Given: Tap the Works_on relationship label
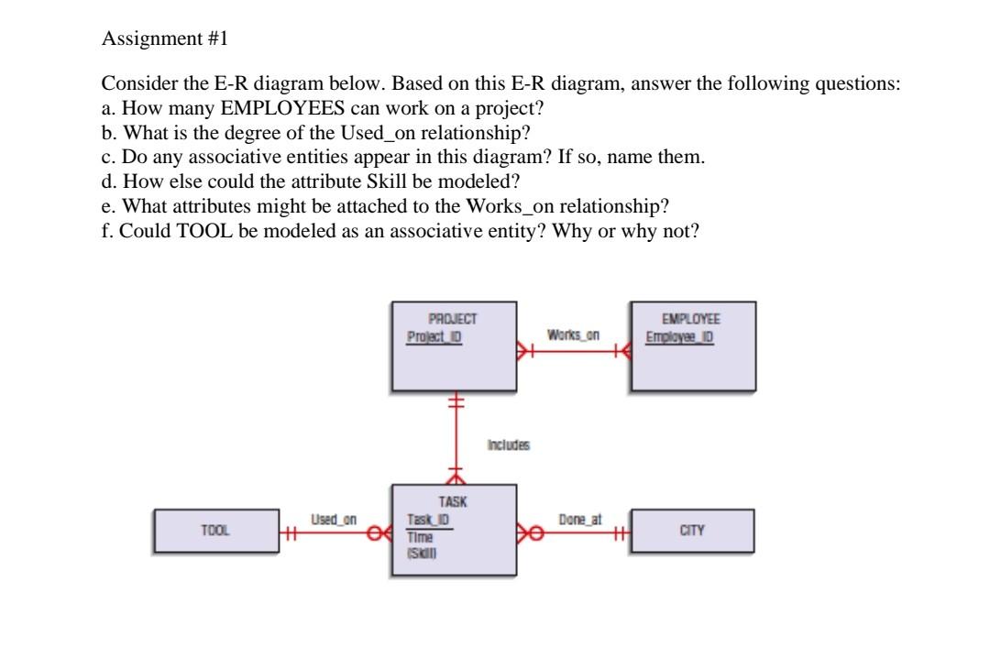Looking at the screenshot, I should [573, 335].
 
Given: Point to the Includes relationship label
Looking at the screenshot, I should [509, 445].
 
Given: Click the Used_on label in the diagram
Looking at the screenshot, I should [334, 520].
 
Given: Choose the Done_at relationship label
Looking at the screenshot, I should [580, 520].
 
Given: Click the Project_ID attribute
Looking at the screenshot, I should [434, 336].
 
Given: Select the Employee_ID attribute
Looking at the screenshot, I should [679, 336].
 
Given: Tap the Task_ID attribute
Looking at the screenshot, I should [427, 520].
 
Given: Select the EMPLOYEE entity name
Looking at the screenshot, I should [693, 320].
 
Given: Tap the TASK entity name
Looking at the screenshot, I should [453, 502].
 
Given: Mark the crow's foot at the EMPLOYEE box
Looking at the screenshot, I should [626, 349].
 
